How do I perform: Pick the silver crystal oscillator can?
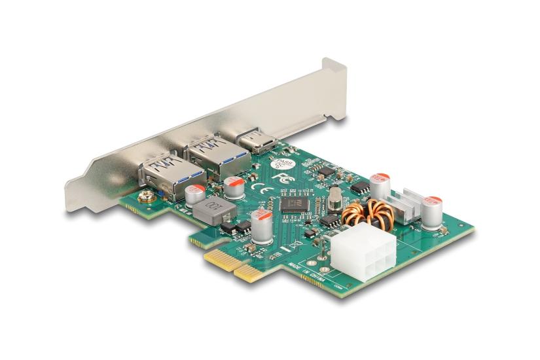335,198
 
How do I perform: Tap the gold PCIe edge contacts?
229,264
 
